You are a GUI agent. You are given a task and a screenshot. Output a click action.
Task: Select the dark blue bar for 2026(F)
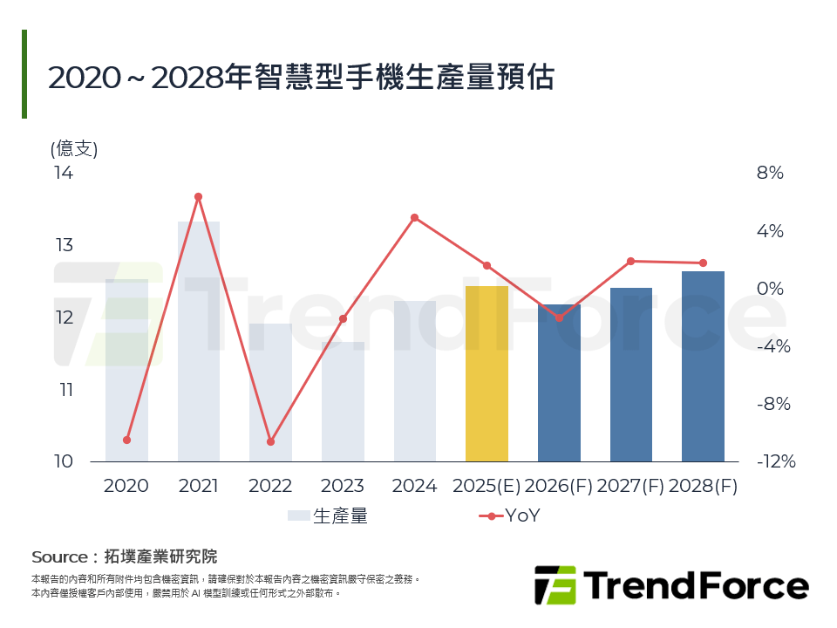tap(559, 384)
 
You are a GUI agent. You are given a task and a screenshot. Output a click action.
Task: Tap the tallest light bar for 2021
tap(199, 341)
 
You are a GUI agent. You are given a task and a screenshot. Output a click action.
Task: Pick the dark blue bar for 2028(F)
tap(703, 366)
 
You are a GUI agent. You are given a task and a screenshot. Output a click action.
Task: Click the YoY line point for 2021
tap(198, 197)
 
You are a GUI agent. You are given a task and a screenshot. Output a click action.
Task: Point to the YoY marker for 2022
tap(270, 442)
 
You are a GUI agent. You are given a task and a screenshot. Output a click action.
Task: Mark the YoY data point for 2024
tap(414, 217)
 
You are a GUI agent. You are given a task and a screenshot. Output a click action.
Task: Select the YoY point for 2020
tap(126, 440)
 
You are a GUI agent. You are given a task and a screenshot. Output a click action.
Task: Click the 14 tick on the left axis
tap(64, 173)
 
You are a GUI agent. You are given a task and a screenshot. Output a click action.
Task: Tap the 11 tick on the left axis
tap(64, 390)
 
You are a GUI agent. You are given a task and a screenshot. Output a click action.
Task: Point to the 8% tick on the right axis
tap(770, 174)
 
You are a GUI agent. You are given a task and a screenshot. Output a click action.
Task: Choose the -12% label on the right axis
tap(775, 462)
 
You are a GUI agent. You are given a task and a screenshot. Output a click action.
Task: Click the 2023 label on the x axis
tap(342, 487)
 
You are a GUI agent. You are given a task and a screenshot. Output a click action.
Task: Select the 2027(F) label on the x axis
tap(631, 487)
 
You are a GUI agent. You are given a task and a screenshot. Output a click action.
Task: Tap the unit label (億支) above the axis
tap(74, 148)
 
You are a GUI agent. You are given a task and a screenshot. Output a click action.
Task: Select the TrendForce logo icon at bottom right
tap(555, 585)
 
